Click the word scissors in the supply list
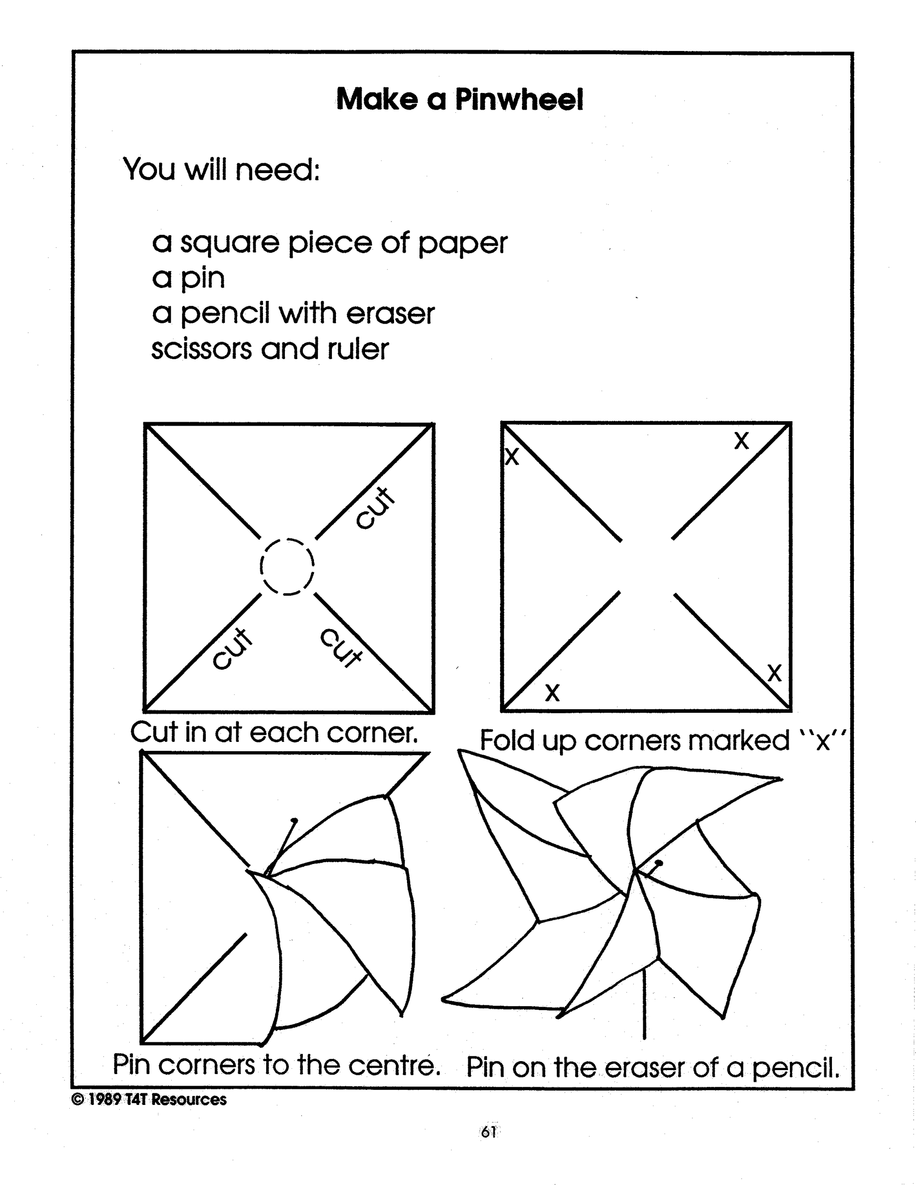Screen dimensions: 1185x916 tap(201, 349)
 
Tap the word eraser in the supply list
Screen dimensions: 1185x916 tap(390, 313)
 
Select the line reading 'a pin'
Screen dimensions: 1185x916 tap(188, 278)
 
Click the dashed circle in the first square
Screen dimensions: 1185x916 tap(287, 567)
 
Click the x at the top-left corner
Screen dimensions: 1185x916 tap(512, 457)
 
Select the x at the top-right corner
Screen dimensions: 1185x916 tap(741, 440)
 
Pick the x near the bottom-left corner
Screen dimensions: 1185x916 tap(552, 692)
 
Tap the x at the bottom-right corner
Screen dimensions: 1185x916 tap(774, 673)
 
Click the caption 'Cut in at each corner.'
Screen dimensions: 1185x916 tap(274, 732)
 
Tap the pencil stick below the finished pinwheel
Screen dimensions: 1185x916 tap(644, 1004)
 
